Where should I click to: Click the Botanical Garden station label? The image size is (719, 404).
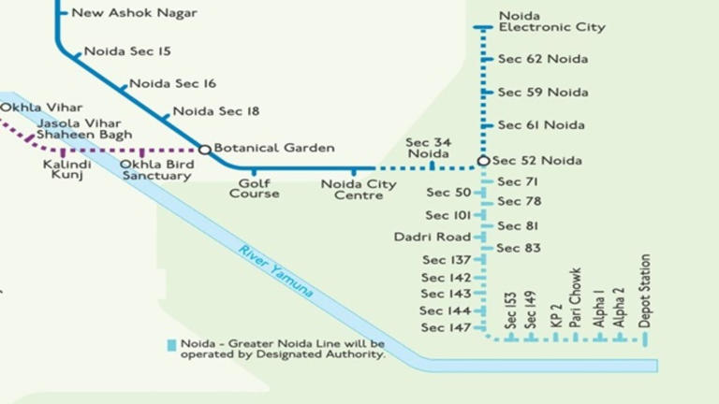tap(260, 148)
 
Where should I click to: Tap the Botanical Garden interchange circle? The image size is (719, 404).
tap(204, 149)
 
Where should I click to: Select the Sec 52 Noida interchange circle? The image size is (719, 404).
tap(483, 161)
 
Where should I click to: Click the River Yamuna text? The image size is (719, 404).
tap(275, 272)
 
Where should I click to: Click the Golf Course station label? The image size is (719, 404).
tap(255, 189)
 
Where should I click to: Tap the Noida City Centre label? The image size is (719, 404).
tap(359, 190)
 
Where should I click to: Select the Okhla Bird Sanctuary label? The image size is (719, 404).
tap(156, 170)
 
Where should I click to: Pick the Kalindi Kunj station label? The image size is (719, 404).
tap(67, 169)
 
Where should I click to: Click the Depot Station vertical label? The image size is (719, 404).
tap(645, 290)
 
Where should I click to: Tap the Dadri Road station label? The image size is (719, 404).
tap(433, 238)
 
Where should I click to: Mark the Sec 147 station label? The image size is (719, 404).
tap(446, 328)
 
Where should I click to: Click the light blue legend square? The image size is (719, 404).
tap(171, 344)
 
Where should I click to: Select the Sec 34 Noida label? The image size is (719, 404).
tap(429, 148)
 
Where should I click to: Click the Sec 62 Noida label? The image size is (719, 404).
tap(542, 59)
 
